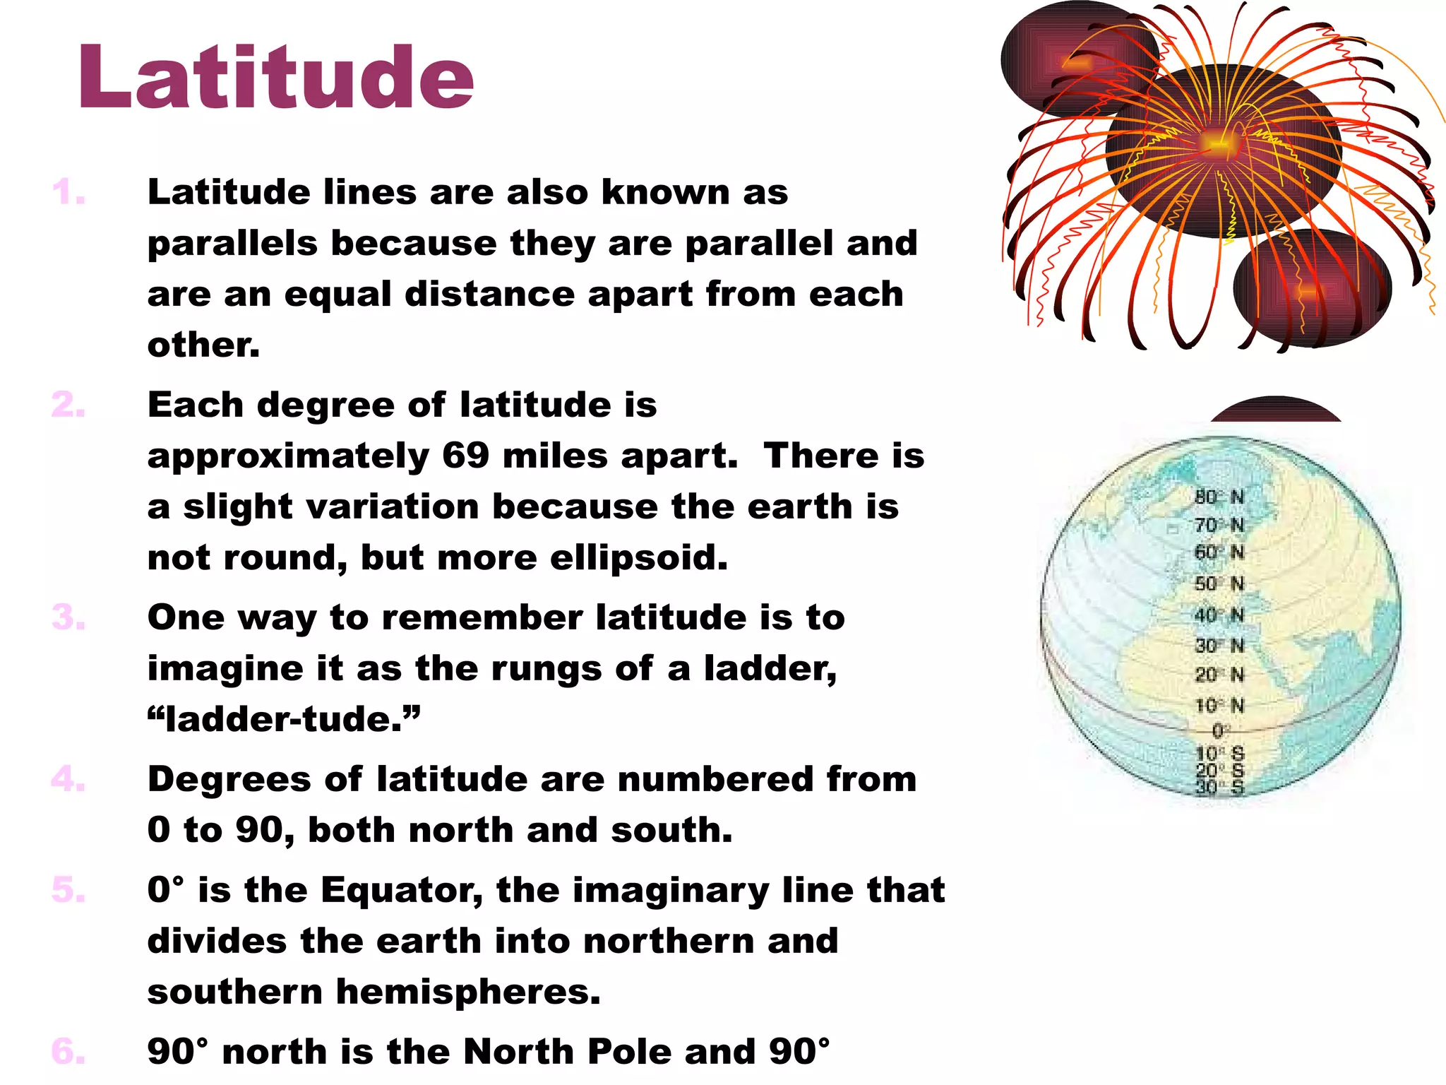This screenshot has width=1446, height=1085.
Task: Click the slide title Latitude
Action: coord(275,78)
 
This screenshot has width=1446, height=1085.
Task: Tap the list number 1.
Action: coord(68,193)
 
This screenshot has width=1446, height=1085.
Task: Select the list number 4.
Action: coord(68,779)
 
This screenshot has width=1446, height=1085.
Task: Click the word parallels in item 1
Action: coord(232,244)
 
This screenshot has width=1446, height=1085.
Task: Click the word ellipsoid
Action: coord(638,558)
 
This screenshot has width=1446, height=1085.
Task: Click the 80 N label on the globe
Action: coord(1219,497)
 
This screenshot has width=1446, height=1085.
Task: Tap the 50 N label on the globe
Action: coord(1219,583)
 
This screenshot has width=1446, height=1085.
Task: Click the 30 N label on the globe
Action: coord(1219,645)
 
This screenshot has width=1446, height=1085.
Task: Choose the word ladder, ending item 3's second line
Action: coord(770,669)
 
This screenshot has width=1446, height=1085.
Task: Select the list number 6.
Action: coord(68,1052)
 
